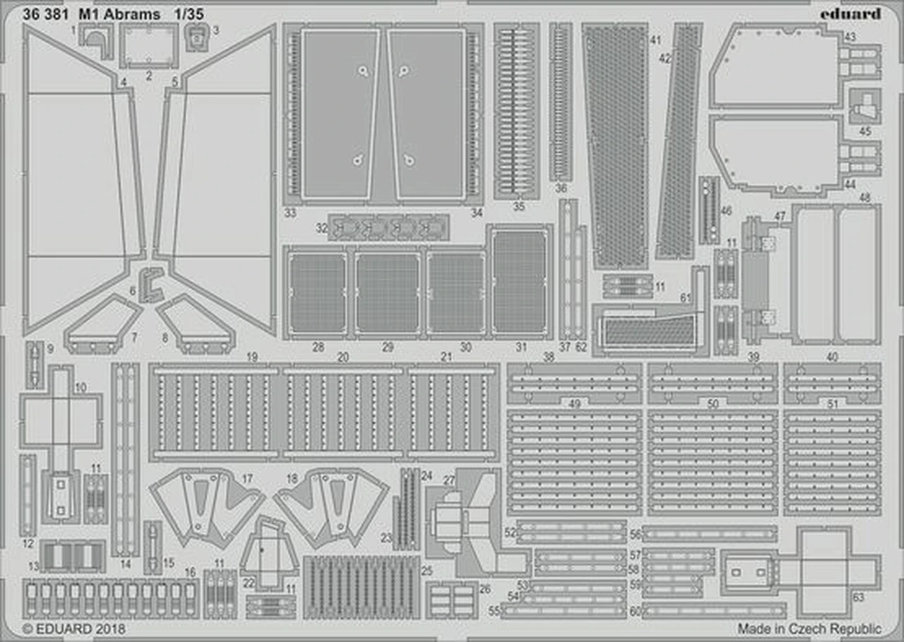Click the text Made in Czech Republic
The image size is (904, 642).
coord(809,628)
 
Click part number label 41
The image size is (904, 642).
coord(655,40)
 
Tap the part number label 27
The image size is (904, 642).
coord(448,480)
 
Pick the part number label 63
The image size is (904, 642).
coord(858,598)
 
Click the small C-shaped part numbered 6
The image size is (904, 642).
coord(150,284)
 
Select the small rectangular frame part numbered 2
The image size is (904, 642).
coord(149,44)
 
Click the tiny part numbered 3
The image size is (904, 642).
coord(195,37)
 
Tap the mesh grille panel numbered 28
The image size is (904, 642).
coord(317,293)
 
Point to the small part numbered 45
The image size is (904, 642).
coord(864,108)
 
